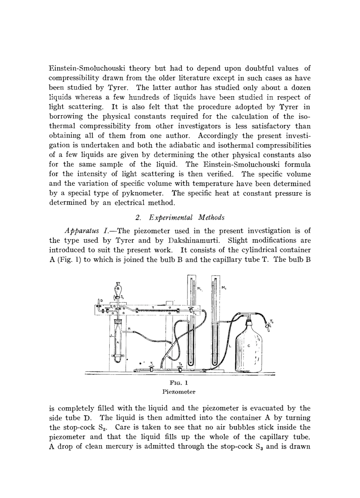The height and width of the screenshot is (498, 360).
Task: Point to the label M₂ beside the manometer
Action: tap(224, 288)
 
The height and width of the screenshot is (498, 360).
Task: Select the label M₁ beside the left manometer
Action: tap(199, 288)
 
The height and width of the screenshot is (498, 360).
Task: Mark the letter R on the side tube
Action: tap(129, 329)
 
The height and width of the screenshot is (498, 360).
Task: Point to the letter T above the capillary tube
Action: tap(153, 308)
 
